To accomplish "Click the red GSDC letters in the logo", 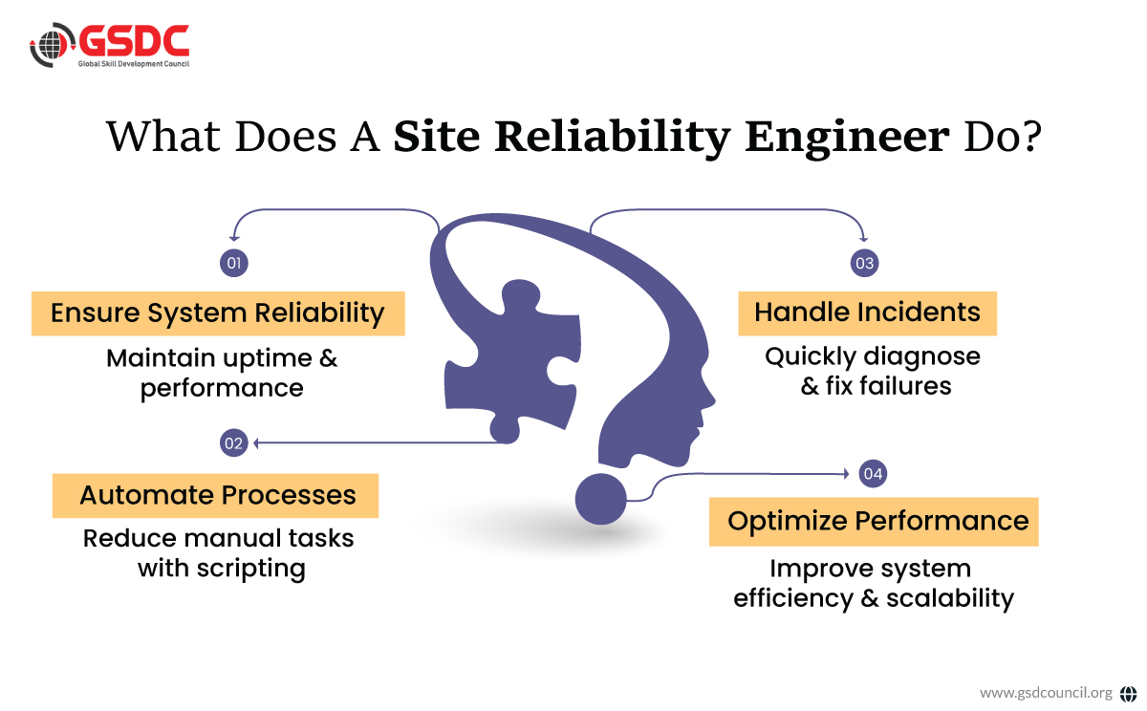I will (x=133, y=40).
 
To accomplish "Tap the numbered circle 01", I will (x=234, y=263).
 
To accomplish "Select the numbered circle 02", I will (x=234, y=442).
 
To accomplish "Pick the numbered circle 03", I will (x=864, y=263).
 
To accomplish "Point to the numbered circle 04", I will (x=873, y=473).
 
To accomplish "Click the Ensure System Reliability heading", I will (x=218, y=313).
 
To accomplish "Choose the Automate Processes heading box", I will (x=217, y=495).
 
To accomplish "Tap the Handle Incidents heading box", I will (x=867, y=312).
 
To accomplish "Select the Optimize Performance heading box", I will (x=874, y=522).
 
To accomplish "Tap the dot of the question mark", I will (x=600, y=498).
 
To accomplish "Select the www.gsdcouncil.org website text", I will (x=1046, y=692).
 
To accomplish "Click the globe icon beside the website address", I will (x=1128, y=693).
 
